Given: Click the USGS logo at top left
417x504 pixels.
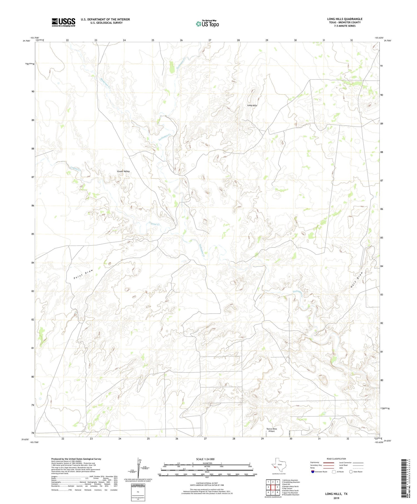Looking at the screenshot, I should point(63,22).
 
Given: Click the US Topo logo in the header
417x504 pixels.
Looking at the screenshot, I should point(207,24).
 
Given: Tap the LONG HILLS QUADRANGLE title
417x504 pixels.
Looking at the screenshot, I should point(345,19).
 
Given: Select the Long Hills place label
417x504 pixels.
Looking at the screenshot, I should point(252,106).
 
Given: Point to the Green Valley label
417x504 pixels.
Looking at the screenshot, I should point(123,172).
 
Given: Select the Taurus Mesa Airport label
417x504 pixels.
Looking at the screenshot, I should point(271,430).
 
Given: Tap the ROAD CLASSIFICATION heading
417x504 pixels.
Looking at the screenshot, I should point(336,459).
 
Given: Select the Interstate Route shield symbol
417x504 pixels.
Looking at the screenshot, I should point(313,472).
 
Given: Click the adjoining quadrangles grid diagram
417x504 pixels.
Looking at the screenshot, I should point(273,487).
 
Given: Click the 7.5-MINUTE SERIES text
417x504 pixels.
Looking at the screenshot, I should point(345,26).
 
